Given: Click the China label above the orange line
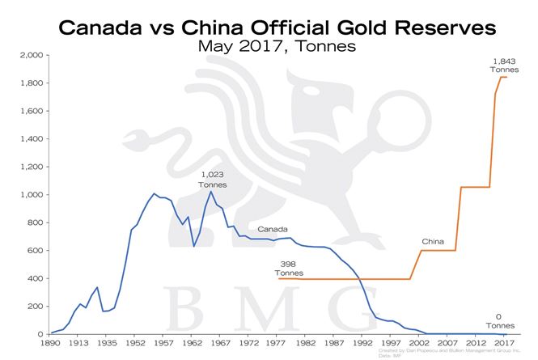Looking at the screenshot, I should coord(433,241).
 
